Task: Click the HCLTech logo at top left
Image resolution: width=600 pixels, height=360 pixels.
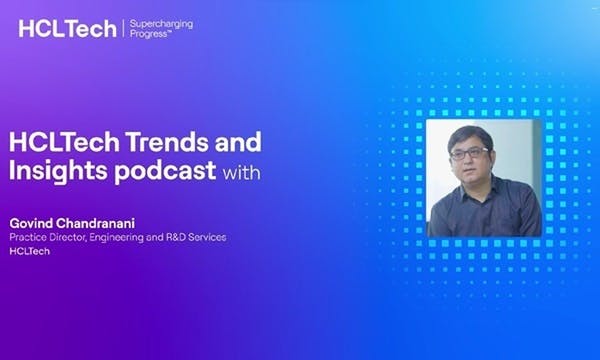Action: (x=68, y=29)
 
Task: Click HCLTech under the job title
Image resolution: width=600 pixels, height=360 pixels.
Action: (x=29, y=251)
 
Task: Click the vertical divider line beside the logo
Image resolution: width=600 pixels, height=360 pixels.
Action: (x=123, y=29)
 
